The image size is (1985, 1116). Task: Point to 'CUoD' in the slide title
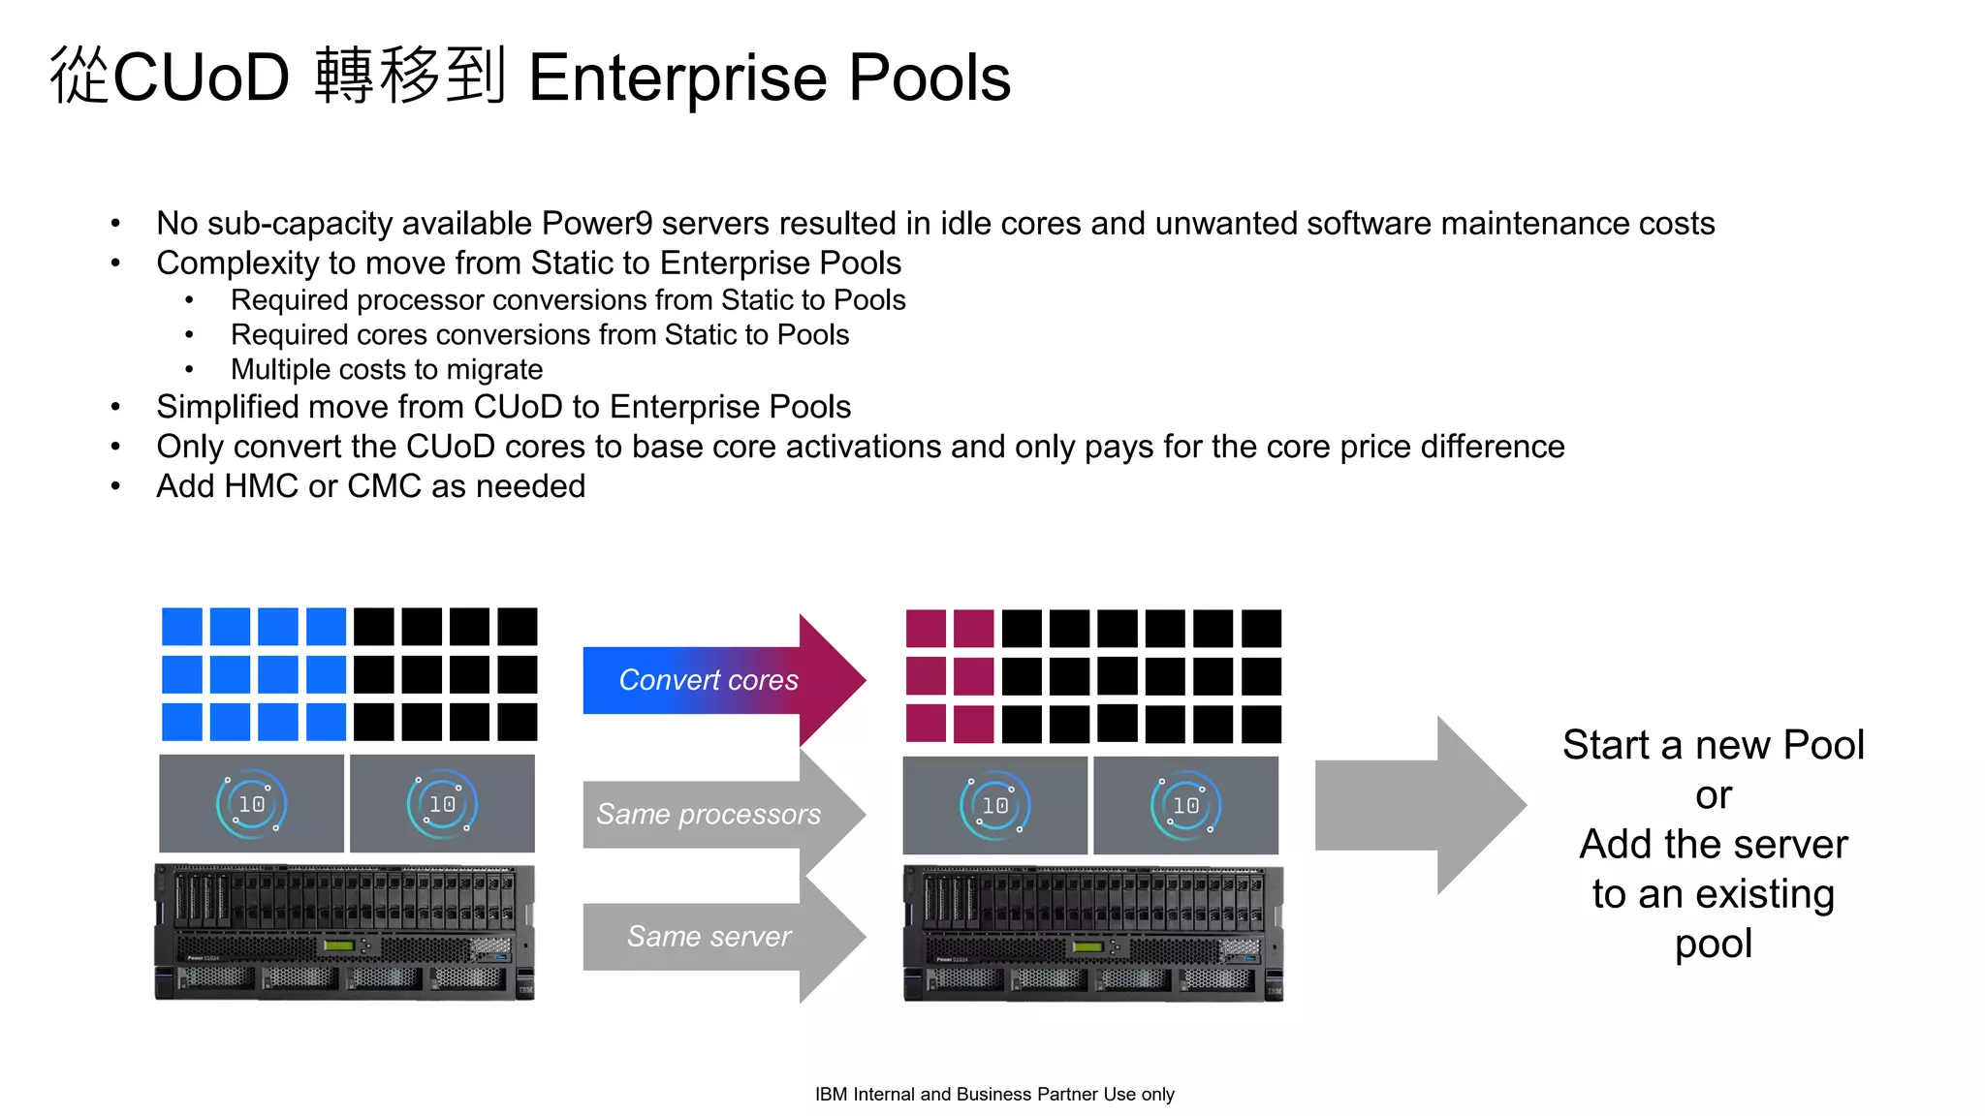tap(202, 77)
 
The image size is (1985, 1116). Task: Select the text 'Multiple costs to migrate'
tap(386, 370)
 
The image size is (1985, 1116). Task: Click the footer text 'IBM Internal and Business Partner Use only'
tap(994, 1094)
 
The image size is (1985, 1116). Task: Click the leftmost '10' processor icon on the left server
tap(251, 804)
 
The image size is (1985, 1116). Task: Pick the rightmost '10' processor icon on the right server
tap(1185, 805)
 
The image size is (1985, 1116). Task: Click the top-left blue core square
tap(181, 627)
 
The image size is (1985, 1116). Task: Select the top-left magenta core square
tap(926, 629)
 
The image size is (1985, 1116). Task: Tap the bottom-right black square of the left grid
tap(518, 723)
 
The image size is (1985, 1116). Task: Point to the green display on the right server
tap(1087, 946)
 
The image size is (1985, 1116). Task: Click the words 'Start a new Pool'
tap(1713, 745)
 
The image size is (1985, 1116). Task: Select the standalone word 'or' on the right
tap(1713, 795)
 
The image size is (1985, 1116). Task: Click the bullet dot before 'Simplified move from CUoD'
tap(115, 408)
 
